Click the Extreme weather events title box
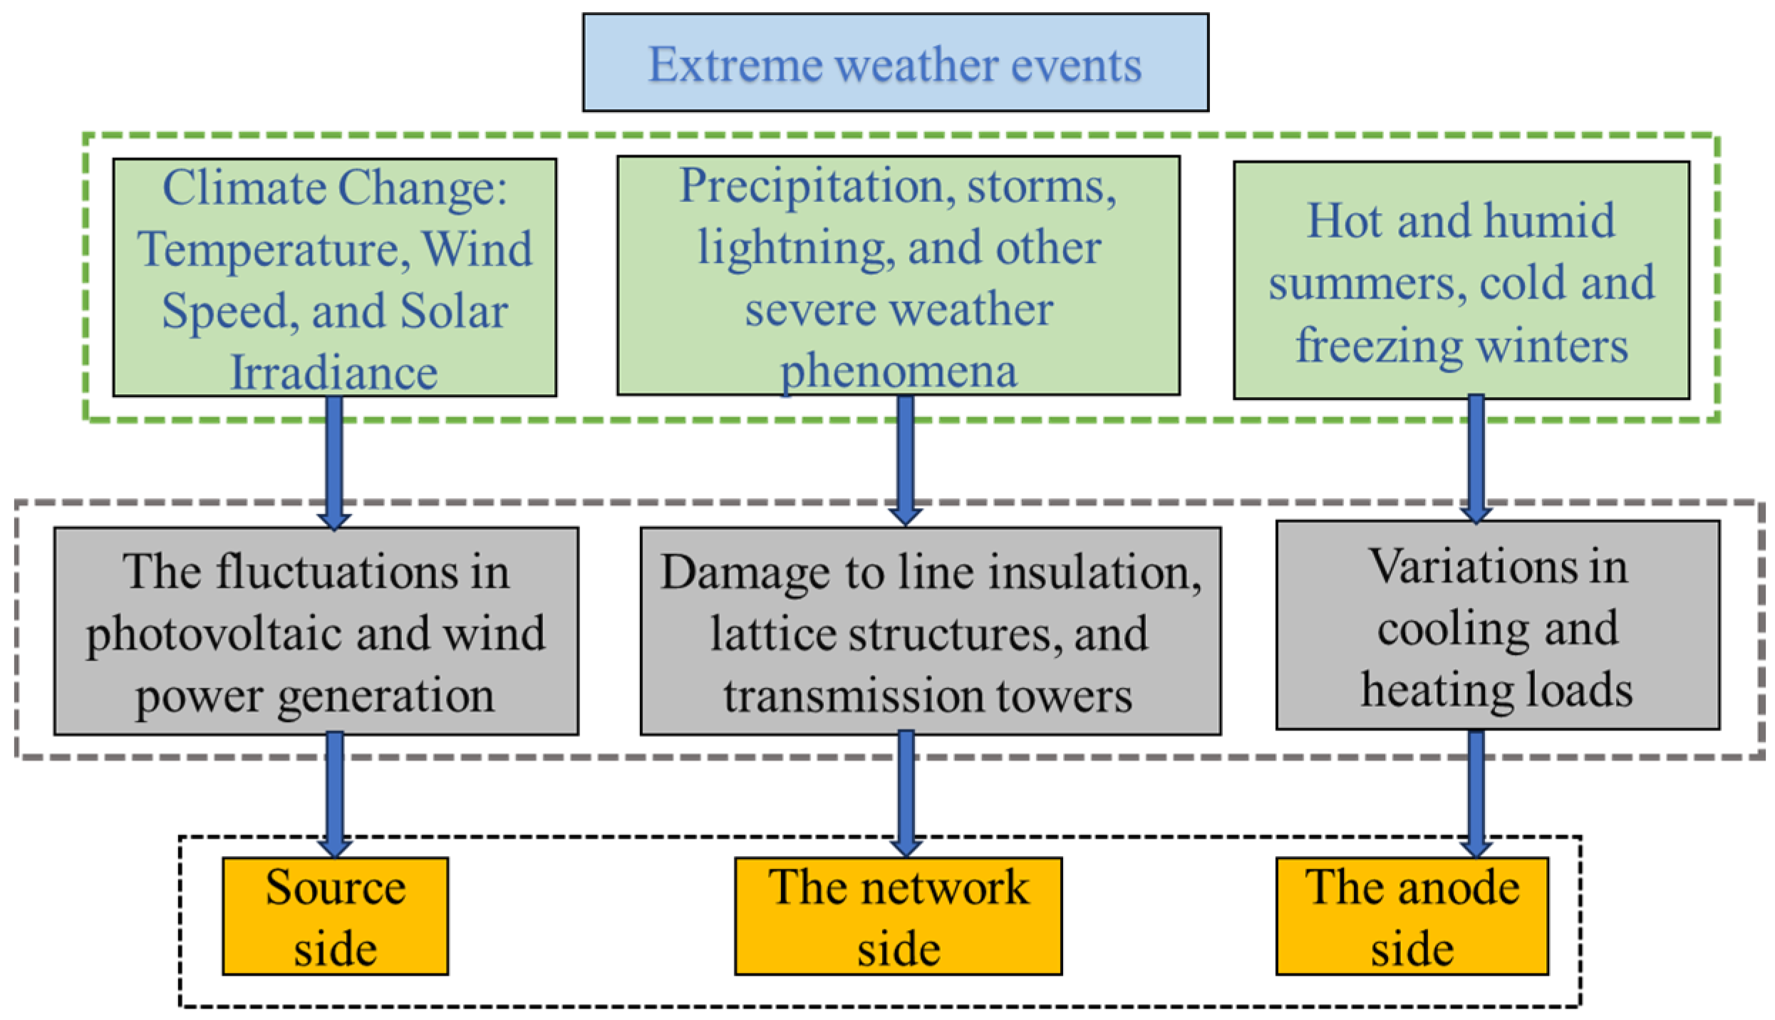click(896, 63)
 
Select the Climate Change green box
click(335, 277)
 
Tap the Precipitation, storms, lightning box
click(899, 276)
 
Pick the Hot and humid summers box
click(1461, 280)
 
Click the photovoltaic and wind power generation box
click(316, 631)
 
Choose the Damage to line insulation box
click(931, 631)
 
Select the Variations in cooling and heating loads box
click(1498, 625)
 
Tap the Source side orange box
click(336, 916)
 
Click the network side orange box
click(899, 916)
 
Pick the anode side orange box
click(1412, 916)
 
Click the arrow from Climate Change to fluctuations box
click(334, 463)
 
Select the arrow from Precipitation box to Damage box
click(906, 460)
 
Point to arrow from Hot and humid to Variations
click(1476, 459)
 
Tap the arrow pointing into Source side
click(334, 795)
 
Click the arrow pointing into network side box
click(906, 794)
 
